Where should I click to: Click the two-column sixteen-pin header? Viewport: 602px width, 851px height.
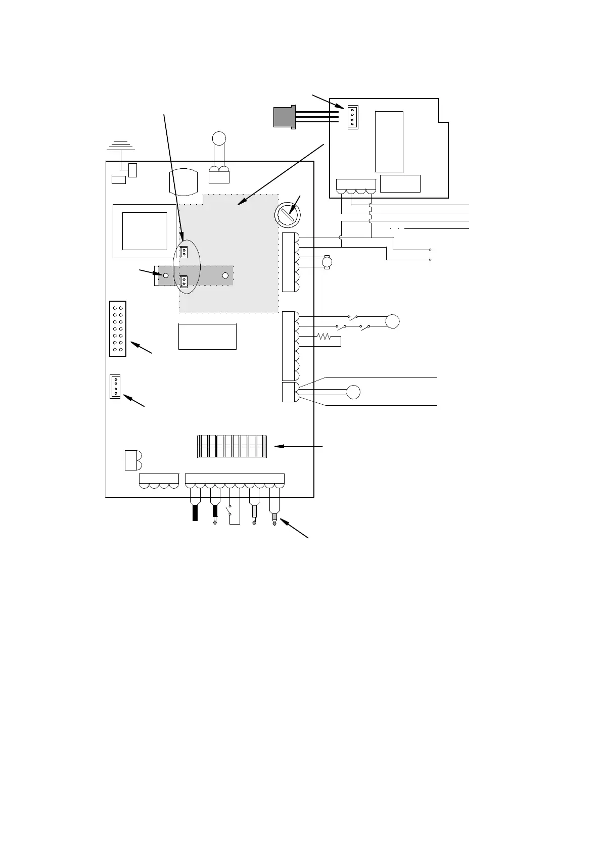pos(118,329)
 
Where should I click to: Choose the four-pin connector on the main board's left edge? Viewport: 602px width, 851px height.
pos(115,387)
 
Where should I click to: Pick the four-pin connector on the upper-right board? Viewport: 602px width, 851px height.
pos(353,117)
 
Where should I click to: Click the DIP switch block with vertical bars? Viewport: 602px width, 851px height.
pos(231,446)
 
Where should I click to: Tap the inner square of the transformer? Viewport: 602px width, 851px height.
pos(145,231)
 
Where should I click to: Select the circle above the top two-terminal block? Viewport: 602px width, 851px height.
pos(219,137)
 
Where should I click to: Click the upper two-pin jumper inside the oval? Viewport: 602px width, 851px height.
pos(184,251)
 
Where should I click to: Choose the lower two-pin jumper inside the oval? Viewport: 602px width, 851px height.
pos(184,281)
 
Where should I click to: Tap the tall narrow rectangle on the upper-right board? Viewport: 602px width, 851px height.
pos(389,141)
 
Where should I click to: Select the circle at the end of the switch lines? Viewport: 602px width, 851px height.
pos(392,321)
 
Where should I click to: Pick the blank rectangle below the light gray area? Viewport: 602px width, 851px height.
pos(207,337)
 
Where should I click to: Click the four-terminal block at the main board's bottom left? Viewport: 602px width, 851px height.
pos(159,481)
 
